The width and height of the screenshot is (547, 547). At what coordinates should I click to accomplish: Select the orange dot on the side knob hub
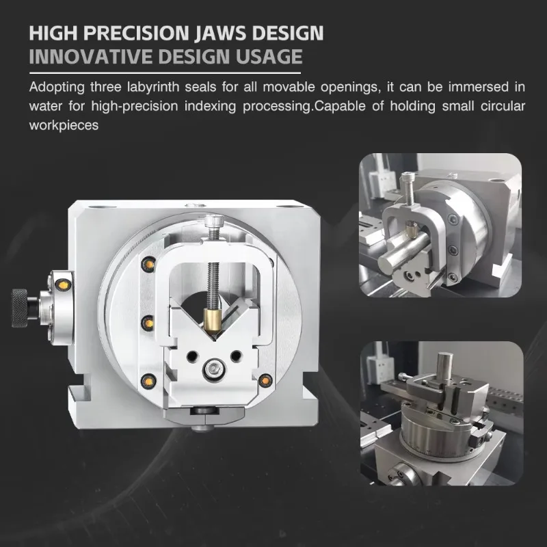click(x=64, y=284)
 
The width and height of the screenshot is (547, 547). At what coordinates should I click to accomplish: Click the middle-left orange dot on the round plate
click(x=145, y=320)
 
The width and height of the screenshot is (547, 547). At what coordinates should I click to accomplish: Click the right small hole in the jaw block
click(x=237, y=356)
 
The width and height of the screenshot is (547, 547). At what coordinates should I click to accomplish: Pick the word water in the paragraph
click(x=46, y=106)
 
